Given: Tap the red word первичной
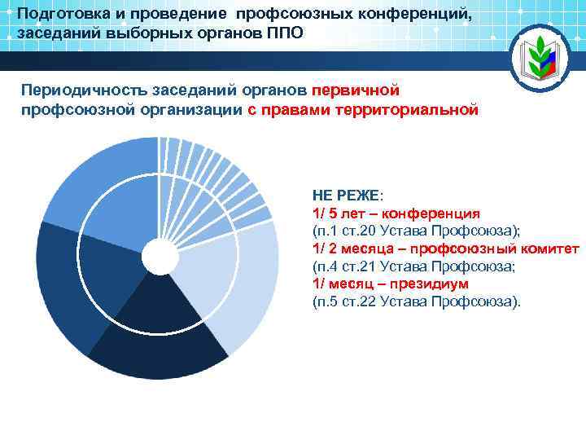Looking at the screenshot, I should pos(356,89).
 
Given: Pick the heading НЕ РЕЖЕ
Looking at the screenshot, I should pos(346,196).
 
